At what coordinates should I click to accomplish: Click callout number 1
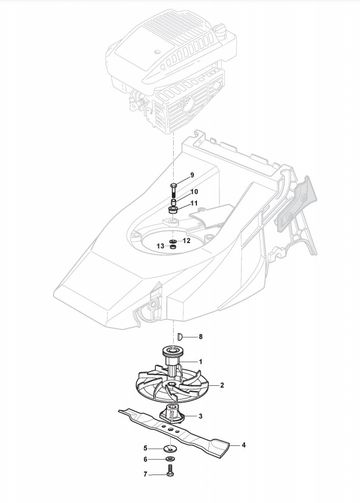(x=201, y=361)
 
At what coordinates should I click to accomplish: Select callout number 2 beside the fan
(x=222, y=385)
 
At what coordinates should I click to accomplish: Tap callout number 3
(x=201, y=416)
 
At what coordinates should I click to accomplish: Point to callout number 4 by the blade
(x=243, y=444)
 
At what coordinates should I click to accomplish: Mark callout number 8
(x=201, y=337)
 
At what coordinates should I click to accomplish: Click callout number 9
(x=192, y=175)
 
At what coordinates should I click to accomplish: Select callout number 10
(x=194, y=191)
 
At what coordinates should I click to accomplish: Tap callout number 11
(x=194, y=203)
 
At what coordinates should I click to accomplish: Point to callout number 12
(x=186, y=241)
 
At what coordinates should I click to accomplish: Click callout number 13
(x=160, y=246)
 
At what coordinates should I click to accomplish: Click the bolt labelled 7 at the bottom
(x=170, y=474)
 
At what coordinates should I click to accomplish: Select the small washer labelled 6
(x=170, y=460)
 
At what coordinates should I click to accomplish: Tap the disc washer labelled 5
(x=170, y=448)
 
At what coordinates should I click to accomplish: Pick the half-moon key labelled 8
(x=179, y=337)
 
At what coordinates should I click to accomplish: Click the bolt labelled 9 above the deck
(x=173, y=189)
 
